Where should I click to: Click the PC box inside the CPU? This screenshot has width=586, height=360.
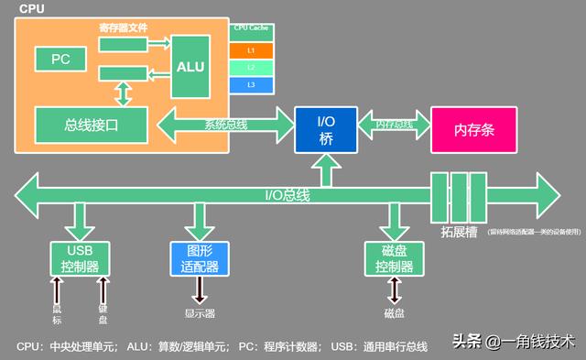pos(60,60)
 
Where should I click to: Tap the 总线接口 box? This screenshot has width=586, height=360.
pos(91,124)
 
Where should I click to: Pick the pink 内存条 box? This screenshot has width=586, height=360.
pos(473,129)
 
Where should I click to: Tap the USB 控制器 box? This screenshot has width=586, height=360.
pos(78,258)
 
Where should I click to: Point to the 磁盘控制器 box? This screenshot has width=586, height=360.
pos(395,258)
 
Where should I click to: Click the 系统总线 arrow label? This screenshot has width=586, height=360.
pos(225,125)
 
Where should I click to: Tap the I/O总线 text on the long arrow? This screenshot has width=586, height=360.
pos(288,195)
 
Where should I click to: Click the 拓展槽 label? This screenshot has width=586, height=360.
pos(459,232)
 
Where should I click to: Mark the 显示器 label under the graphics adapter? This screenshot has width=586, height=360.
pos(200,313)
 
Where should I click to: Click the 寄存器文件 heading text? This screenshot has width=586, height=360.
pos(123,28)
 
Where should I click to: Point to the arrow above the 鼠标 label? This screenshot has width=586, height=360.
pos(57,290)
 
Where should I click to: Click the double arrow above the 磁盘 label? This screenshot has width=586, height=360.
pos(395,290)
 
